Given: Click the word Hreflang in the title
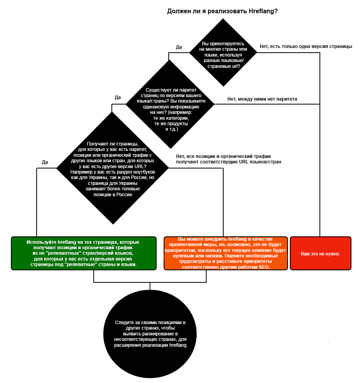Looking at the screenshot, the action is (263, 11).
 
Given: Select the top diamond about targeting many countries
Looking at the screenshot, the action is (223, 52).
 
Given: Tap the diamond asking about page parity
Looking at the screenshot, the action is (170, 104).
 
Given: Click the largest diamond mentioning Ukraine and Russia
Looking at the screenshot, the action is (113, 168).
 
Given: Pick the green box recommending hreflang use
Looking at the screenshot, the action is (84, 253).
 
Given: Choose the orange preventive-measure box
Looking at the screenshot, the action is (226, 253).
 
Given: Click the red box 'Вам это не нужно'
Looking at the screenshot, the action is (321, 253).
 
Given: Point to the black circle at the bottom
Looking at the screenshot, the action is (150, 334).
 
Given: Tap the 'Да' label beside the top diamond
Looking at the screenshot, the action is (179, 47).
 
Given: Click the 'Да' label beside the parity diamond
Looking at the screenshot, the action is (118, 98).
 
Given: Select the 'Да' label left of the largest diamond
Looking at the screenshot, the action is (45, 162).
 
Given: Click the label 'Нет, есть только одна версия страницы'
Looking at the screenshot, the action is (306, 46).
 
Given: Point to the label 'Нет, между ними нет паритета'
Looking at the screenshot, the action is (262, 99).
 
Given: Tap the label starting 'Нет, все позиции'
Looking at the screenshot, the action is (228, 159).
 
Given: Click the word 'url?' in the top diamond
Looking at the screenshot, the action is (235, 66).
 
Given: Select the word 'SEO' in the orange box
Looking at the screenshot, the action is (264, 267).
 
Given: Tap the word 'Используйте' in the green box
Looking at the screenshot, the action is (41, 242).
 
